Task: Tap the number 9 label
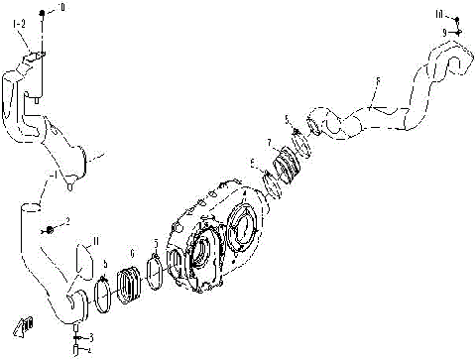tap(445, 34)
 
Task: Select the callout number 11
tap(96, 241)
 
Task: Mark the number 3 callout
tap(90, 338)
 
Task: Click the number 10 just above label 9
tap(439, 15)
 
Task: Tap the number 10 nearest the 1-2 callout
tap(63, 7)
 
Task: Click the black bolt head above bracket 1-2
tap(43, 12)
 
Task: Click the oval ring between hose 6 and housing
tap(155, 274)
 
